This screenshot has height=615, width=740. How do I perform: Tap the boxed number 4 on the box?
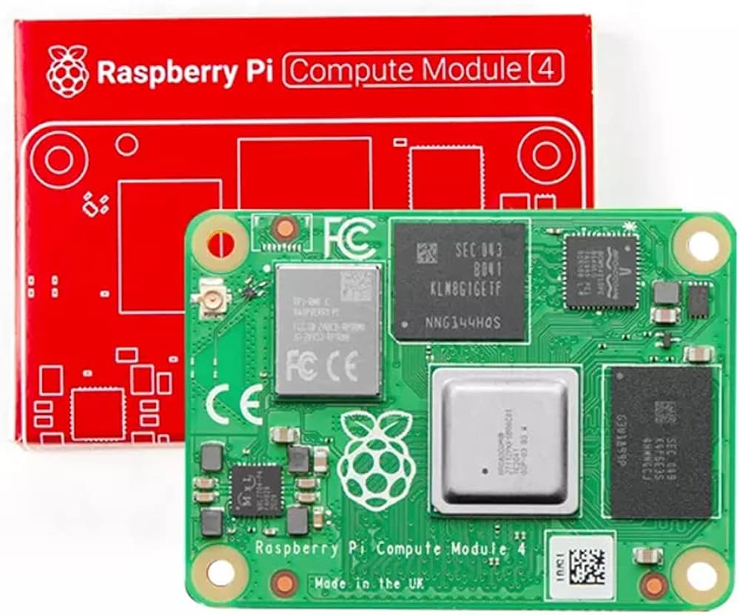click(548, 69)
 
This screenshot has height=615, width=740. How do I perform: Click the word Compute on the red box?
click(341, 70)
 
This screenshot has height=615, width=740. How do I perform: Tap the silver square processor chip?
click(504, 440)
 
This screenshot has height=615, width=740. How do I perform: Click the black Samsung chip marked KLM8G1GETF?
click(460, 281)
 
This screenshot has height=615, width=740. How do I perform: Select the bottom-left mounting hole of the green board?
click(220, 571)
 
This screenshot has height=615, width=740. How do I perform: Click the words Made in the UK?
click(369, 583)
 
